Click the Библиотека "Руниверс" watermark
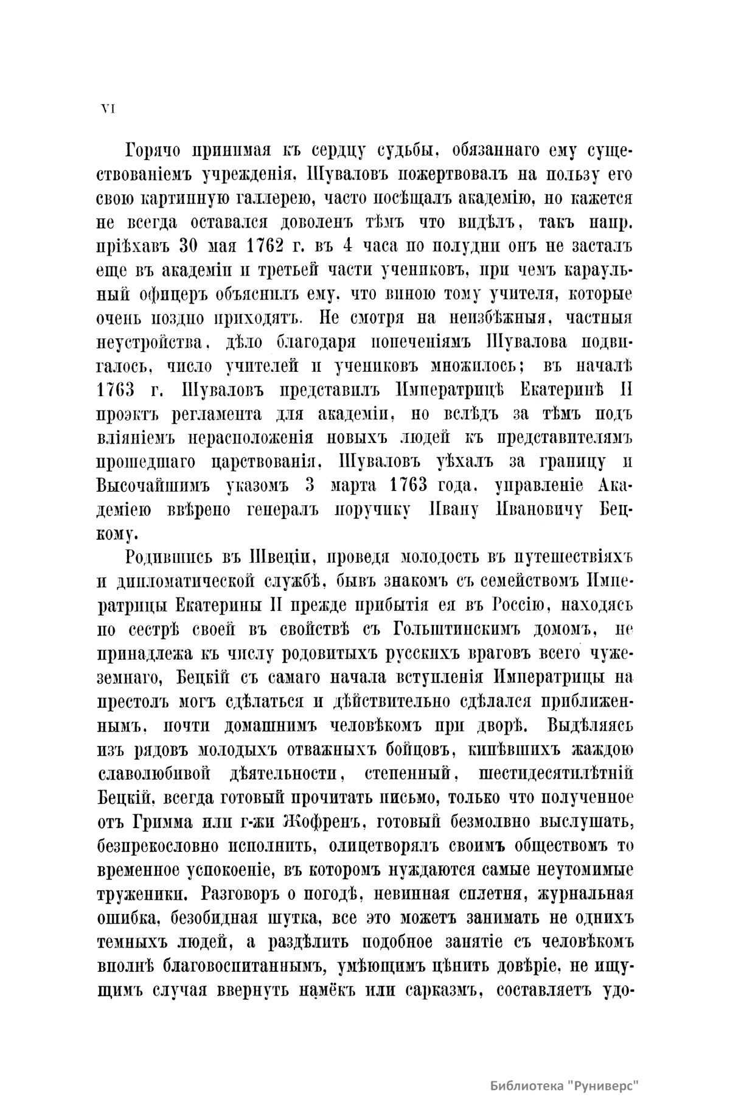click(566, 1087)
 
